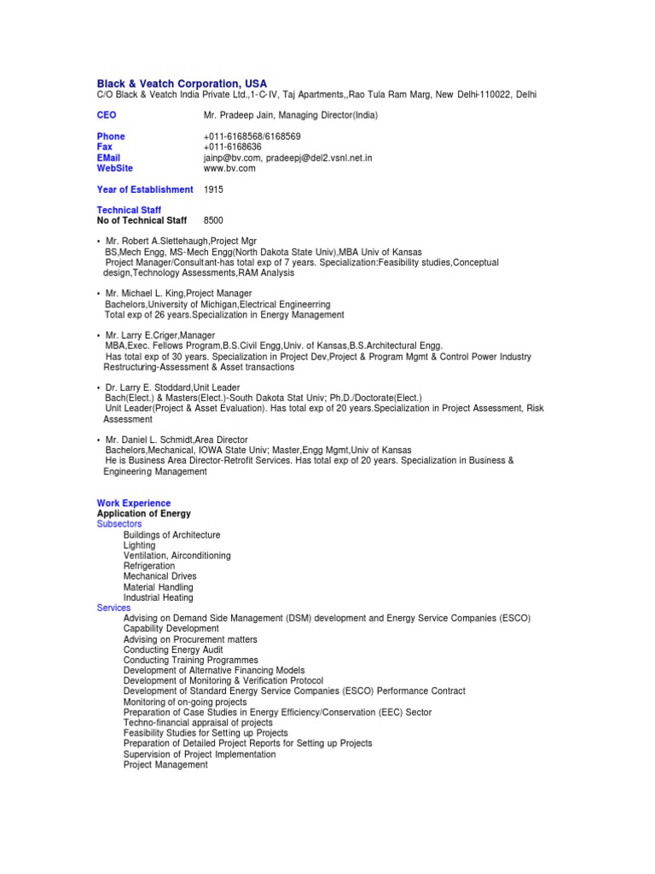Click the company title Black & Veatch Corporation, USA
[x=182, y=83]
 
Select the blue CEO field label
[x=107, y=115]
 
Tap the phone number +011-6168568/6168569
[x=252, y=137]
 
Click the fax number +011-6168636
[x=233, y=147]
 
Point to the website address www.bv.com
[x=229, y=168]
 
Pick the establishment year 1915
[x=213, y=189]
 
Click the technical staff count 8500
[x=213, y=220]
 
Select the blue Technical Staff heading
[x=129, y=210]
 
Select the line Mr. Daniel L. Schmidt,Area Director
[x=177, y=440]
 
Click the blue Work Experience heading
[x=134, y=504]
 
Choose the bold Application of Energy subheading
[x=144, y=514]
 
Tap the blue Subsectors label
[x=119, y=524]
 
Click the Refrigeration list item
[x=148, y=566]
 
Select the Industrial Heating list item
[x=158, y=597]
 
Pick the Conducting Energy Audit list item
[x=173, y=650]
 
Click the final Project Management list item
[x=165, y=765]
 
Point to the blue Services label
[x=113, y=608]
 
